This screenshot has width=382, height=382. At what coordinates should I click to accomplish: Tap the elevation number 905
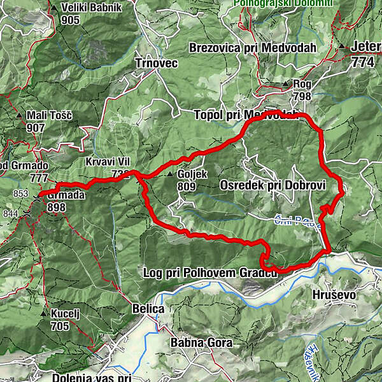coord(72,20)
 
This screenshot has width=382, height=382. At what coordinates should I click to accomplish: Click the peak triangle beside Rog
coord(286,83)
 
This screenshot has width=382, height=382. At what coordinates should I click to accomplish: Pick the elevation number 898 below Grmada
coord(56,207)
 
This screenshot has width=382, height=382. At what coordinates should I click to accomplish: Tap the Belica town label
coord(148,309)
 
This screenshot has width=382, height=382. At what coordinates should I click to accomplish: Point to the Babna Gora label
coord(201,343)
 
